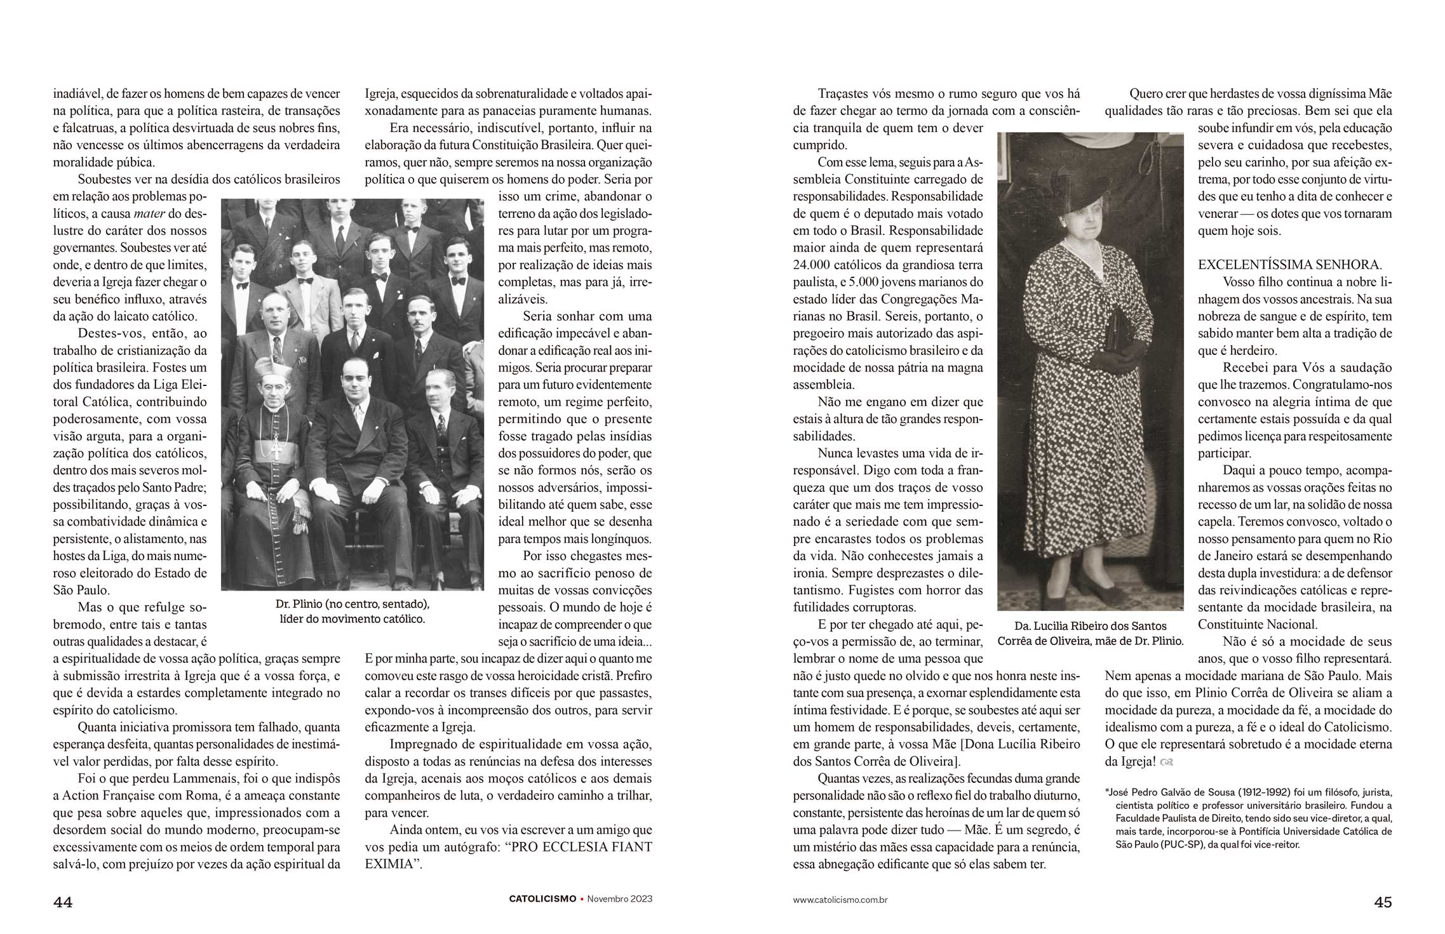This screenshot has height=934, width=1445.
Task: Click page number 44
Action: click(62, 902)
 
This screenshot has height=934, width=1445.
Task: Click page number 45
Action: click(1383, 902)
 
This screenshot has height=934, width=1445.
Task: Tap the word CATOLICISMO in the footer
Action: click(542, 899)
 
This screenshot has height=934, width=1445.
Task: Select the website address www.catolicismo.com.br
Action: click(840, 900)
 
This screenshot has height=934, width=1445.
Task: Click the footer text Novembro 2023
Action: click(619, 899)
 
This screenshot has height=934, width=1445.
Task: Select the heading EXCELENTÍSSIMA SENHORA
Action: click(1289, 265)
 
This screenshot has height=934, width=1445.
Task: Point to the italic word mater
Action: click(149, 213)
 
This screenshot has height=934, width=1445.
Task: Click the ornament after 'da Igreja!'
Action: click(1166, 762)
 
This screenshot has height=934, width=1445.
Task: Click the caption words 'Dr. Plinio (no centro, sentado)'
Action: click(353, 604)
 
